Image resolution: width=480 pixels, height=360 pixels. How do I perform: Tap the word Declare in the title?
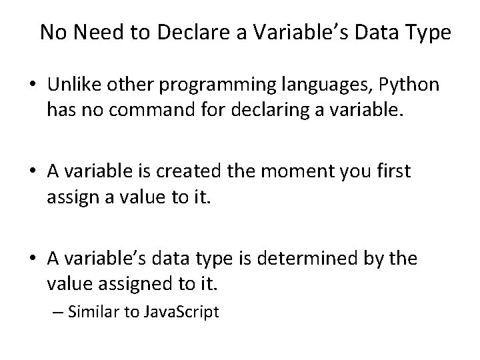(x=181, y=33)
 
